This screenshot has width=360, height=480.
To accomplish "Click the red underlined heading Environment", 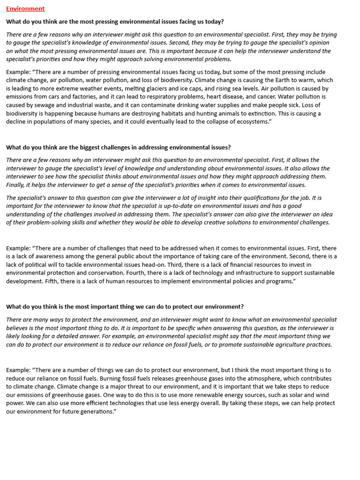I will point(25,8).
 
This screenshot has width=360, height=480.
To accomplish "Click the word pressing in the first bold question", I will point(102,22).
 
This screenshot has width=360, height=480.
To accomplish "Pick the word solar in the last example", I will point(297,395).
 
